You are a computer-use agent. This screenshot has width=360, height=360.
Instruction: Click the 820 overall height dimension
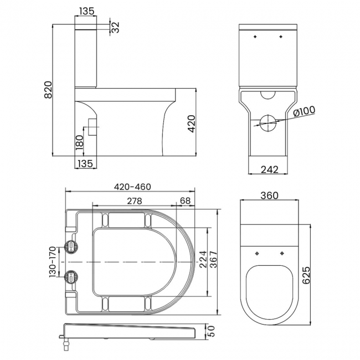pos(48,90)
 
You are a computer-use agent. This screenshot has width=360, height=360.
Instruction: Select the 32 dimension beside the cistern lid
pos(115,27)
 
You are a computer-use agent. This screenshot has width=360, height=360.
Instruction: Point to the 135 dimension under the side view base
pos(86,163)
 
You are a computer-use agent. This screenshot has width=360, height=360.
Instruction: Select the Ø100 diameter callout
pos(304,112)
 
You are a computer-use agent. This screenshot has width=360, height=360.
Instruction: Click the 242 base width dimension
pos(269,169)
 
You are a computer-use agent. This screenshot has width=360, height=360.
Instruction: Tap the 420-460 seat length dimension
pos(132,187)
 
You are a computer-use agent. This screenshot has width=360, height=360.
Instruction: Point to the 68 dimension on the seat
pos(185,200)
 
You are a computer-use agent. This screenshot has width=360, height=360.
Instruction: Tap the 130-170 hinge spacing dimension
pos(52,261)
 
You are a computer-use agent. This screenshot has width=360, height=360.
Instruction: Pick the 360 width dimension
pos(269,196)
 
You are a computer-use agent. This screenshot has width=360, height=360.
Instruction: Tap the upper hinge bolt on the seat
pos(71,246)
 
